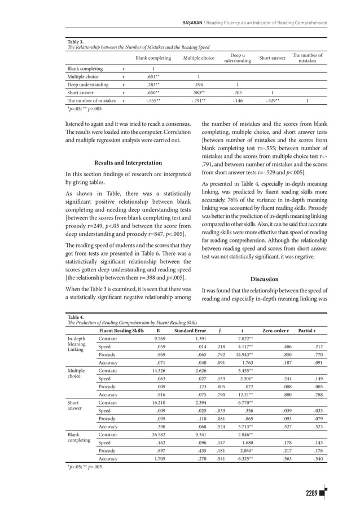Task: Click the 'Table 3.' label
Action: coord(76,42)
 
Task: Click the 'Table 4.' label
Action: coord(76,318)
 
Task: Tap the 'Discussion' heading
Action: coord(264,279)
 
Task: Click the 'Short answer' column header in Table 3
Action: coord(272,58)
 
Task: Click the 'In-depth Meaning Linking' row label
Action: coord(76,344)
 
